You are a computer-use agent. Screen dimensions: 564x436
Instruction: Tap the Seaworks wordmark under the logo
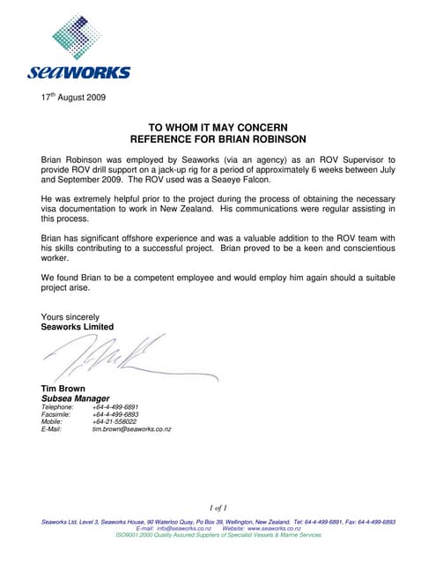click(79, 72)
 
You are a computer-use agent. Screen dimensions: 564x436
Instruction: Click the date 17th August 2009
click(73, 97)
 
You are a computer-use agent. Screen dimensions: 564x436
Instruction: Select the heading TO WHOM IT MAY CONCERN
click(218, 127)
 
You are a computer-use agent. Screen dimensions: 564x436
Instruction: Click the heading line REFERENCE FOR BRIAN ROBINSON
click(218, 138)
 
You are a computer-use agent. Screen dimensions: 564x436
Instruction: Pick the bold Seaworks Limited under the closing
click(78, 327)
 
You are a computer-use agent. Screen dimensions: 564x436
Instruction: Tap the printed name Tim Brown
click(64, 389)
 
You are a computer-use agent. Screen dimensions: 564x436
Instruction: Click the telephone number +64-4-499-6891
click(121, 407)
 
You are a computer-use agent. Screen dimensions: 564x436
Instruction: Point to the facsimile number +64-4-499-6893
click(121, 414)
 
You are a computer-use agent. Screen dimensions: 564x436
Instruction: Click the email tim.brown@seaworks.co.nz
click(131, 429)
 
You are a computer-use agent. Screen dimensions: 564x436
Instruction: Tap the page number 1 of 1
click(218, 508)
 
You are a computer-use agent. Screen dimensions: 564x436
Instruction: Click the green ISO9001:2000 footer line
click(218, 535)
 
